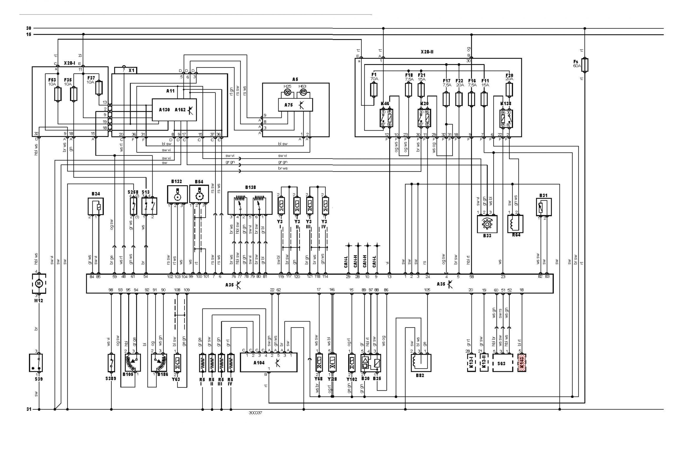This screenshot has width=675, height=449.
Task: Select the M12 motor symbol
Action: coord(38,283)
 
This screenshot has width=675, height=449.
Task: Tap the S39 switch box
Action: coord(36,363)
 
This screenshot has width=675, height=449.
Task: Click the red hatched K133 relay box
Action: coord(522,363)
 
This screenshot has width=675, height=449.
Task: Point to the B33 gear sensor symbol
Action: coord(487,224)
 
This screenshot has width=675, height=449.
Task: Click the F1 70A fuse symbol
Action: coord(374,90)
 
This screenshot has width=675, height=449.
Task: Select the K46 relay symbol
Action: coord(386,118)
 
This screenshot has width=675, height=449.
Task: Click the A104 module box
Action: coord(268,362)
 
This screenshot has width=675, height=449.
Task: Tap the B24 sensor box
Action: coord(96,206)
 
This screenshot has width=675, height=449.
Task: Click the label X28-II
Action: coord(427,52)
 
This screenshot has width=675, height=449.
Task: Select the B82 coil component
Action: coord(421,363)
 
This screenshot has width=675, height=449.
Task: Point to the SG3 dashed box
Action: coord(502,363)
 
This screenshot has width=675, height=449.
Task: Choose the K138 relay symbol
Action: coord(506,118)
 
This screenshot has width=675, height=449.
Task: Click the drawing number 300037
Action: coord(255,413)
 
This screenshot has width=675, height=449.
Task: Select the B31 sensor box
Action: coord(543,207)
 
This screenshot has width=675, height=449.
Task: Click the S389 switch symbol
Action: coord(111,363)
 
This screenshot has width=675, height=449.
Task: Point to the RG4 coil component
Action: coord(515,224)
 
